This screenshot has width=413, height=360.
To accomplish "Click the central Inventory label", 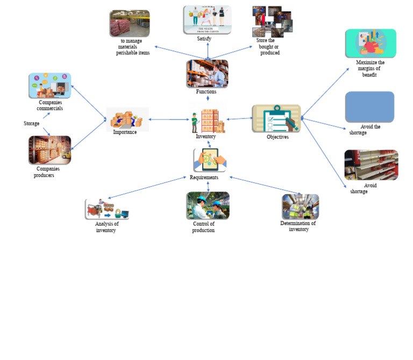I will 205,137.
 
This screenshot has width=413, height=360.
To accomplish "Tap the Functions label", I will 206,91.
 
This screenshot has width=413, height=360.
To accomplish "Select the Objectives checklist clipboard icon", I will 276,118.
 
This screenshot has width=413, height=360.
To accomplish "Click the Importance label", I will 125,132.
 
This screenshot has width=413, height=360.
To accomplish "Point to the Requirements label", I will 204,178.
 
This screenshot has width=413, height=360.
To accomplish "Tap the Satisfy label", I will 204,39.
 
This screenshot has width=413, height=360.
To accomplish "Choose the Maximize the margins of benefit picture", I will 371,43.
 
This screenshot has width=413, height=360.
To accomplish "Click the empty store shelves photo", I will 371,165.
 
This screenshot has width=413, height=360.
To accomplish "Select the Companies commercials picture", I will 49,86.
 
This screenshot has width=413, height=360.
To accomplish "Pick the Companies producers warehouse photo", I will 49,150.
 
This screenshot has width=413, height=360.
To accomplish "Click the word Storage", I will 31,124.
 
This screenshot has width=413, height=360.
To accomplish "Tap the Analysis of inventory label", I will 106,227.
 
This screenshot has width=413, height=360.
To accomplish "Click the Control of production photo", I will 208,206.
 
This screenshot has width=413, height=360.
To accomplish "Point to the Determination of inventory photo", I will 300,207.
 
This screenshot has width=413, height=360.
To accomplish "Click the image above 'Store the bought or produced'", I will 272,22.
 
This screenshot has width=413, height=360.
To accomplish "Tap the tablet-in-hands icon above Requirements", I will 209,160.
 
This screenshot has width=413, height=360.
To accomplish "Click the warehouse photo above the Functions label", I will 207,73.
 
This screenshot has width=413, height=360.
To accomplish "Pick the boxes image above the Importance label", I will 127,118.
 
